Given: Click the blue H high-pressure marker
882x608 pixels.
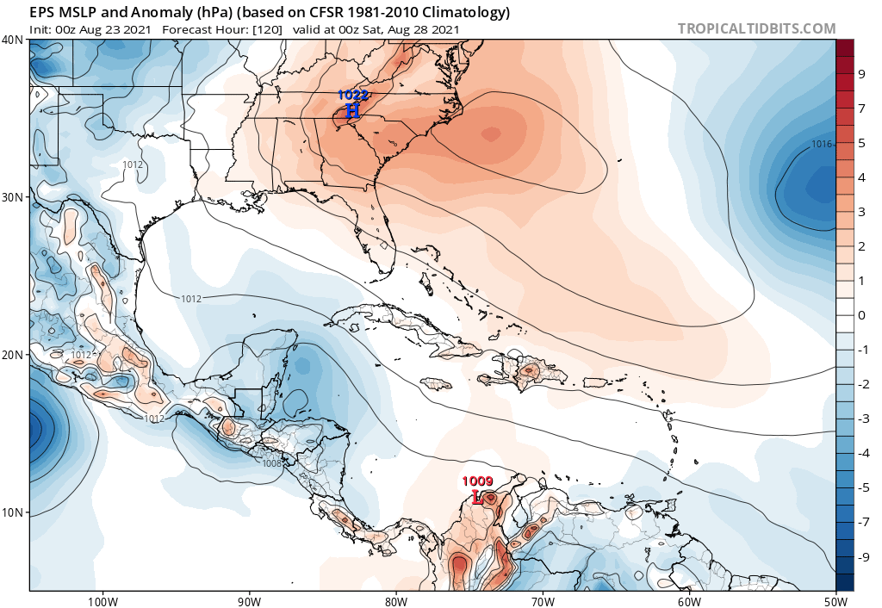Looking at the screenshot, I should [352, 110].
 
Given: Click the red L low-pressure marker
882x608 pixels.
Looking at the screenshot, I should [478, 497].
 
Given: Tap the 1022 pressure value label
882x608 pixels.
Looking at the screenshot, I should [352, 95].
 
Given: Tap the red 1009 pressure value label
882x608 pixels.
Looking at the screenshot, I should [477, 481].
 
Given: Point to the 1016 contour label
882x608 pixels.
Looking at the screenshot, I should [822, 144].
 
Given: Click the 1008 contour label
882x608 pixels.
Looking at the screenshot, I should [272, 463].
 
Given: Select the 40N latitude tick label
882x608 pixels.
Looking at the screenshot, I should [13, 40].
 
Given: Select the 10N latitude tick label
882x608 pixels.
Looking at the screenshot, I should [13, 512].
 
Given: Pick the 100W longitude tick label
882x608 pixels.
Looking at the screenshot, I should [102, 600].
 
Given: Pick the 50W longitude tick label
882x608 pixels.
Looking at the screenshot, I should [835, 600].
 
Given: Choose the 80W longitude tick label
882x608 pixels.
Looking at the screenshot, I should [395, 600].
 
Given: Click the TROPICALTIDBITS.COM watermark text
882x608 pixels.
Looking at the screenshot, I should [756, 28].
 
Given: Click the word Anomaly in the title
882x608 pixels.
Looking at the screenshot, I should [132, 12].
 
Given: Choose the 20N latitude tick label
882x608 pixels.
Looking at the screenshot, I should [13, 355].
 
